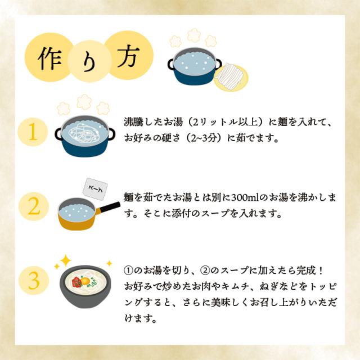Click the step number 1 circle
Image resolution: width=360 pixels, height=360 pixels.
tap(33, 131)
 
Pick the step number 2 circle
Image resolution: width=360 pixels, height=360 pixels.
tap(33, 206)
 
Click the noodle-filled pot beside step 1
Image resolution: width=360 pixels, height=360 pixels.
tap(84, 135)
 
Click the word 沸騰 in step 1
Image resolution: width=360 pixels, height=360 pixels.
tap(134, 121)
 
